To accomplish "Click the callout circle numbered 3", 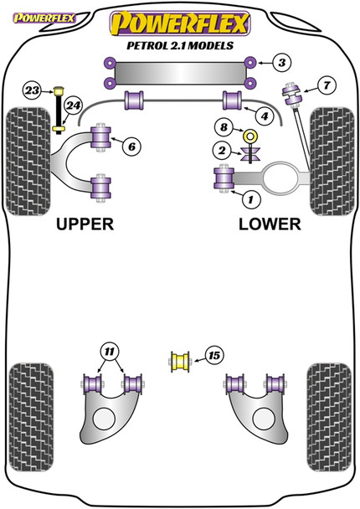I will pyautogui.click(x=282, y=63).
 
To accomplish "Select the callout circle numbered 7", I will pyautogui.click(x=326, y=83).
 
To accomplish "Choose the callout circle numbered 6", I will pyautogui.click(x=131, y=147).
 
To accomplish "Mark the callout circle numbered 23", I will pyautogui.click(x=33, y=90).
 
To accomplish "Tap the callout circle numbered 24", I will pyautogui.click(x=74, y=106).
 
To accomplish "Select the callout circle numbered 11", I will pyautogui.click(x=108, y=350).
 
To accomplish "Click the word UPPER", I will pyautogui.click(x=85, y=224).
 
